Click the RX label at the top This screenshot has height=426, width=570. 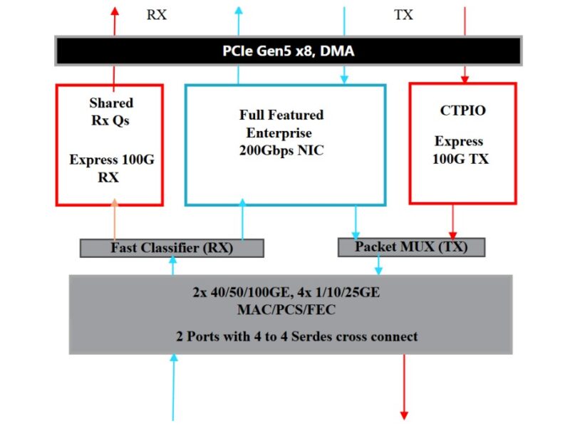(157, 15)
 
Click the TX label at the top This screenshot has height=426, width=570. (403, 15)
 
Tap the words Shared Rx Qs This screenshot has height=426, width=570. (110, 112)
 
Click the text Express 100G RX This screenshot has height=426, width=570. (110, 169)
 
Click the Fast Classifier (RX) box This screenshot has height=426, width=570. (172, 249)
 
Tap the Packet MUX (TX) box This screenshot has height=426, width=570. (411, 247)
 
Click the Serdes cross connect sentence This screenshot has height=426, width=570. (296, 336)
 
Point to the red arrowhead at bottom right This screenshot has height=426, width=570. (404, 414)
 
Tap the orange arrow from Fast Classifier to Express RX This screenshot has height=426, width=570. (114, 221)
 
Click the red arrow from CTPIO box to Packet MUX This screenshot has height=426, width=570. (452, 221)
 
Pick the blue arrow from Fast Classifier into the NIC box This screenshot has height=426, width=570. (242, 221)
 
